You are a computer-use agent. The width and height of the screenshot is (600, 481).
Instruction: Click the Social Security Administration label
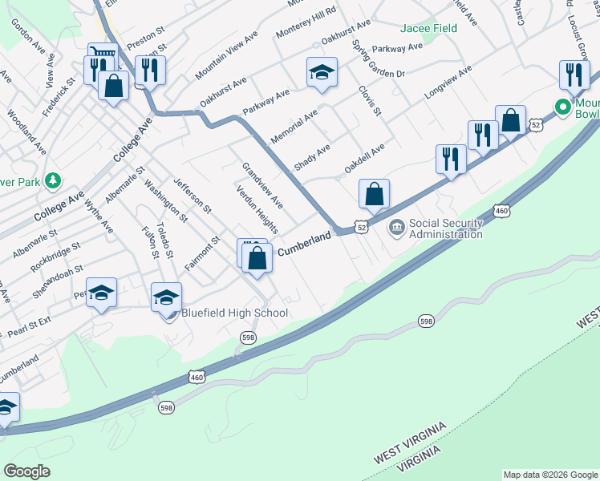point(446,228)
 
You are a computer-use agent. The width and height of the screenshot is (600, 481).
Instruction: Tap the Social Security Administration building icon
point(397,228)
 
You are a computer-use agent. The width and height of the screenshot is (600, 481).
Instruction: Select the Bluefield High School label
point(234,313)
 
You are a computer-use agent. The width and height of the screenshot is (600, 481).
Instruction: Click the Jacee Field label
point(430,28)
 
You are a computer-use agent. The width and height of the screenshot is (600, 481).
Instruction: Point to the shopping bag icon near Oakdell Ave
point(375,193)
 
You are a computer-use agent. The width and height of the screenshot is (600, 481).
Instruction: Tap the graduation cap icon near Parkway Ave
point(321,73)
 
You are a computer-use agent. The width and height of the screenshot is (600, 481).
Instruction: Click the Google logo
point(27,471)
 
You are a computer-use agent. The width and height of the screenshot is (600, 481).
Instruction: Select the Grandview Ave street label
point(263,184)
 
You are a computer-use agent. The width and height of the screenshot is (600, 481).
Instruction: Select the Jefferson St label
point(192,196)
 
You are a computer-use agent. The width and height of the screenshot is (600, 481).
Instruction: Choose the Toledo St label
point(165,239)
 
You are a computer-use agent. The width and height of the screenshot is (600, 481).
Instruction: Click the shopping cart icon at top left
point(103,56)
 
